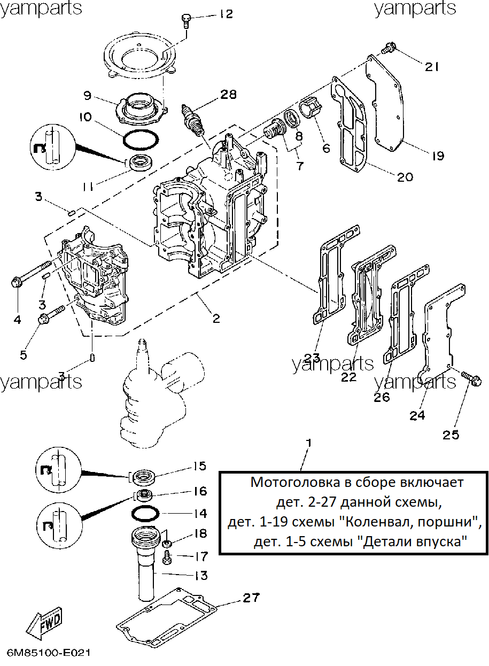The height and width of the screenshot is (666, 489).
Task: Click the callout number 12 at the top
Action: (x=226, y=14)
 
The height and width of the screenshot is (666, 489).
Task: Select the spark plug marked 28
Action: (x=192, y=120)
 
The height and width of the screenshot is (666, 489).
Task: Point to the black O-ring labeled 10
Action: (x=141, y=140)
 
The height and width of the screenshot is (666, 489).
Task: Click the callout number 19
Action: (x=438, y=156)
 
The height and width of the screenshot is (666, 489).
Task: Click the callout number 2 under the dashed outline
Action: (x=216, y=319)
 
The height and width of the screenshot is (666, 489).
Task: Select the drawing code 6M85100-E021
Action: (x=49, y=653)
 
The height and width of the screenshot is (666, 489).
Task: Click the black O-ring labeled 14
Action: (x=145, y=513)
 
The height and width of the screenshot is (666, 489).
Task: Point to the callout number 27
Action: (x=251, y=598)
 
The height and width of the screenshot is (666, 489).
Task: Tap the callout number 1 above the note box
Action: (x=309, y=443)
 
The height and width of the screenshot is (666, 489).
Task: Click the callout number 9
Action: (x=88, y=96)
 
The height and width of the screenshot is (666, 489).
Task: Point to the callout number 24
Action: (x=417, y=415)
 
